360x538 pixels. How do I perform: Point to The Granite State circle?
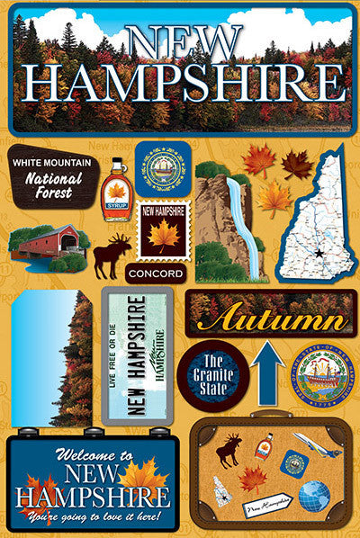point(207,376)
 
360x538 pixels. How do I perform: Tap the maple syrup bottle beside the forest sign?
point(115,190)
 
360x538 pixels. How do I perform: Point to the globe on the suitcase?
point(313,498)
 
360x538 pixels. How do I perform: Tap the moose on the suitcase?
point(229,449)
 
